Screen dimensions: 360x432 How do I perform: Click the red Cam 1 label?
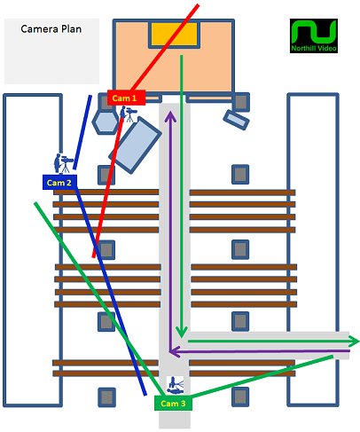pyautogui.click(x=126, y=98)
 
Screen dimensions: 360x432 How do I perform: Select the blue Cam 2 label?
pyautogui.click(x=59, y=182)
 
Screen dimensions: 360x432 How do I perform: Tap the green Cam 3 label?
pyautogui.click(x=173, y=404)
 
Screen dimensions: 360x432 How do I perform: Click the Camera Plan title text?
pyautogui.click(x=51, y=29)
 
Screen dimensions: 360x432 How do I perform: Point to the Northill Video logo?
pyautogui.click(x=314, y=36)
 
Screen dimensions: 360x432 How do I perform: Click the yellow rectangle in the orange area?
pyautogui.click(x=174, y=34)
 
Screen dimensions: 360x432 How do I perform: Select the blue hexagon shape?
pyautogui.click(x=106, y=122)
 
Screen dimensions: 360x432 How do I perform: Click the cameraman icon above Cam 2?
pyautogui.click(x=63, y=163)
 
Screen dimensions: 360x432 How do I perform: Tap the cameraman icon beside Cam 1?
pyautogui.click(x=128, y=114)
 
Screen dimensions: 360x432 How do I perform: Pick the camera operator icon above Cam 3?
pyautogui.click(x=176, y=386)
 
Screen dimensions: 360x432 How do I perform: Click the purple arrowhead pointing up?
pyautogui.click(x=170, y=116)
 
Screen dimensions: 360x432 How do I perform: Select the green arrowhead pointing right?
pyautogui.click(x=354, y=342)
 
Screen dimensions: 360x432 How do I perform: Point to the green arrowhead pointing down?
pyautogui.click(x=181, y=332)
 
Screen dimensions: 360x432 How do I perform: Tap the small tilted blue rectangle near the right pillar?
pyautogui.click(x=236, y=120)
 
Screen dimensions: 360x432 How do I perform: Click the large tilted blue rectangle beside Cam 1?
pyautogui.click(x=135, y=145)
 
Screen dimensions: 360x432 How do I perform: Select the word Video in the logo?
pyautogui.click(x=327, y=48)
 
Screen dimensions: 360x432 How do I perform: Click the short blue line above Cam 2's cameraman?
pyautogui.click(x=82, y=132)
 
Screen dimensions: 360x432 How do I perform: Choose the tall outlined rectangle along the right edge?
pyautogui.click(x=313, y=250)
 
